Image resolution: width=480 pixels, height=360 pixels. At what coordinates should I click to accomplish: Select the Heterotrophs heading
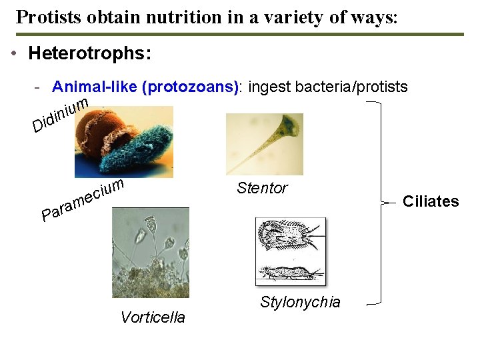point(89,53)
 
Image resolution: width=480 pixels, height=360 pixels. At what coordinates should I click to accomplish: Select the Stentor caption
point(262,188)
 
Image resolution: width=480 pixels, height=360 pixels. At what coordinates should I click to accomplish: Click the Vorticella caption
point(153,317)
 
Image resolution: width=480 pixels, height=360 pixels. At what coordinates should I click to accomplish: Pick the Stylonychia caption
point(300,302)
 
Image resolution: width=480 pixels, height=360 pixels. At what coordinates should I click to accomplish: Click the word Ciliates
point(431,201)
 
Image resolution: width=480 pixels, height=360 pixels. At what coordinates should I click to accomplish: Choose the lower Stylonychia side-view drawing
point(290,272)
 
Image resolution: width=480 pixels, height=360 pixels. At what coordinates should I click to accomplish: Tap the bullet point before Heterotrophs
point(14,54)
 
